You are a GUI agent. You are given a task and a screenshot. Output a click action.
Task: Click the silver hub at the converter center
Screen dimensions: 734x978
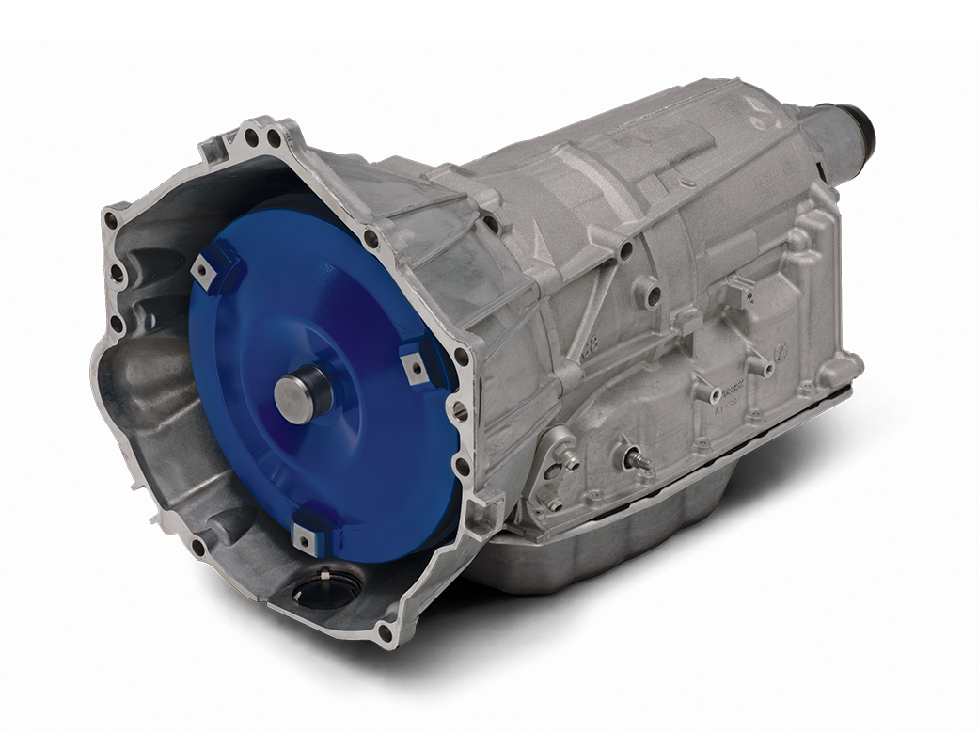click(x=303, y=394)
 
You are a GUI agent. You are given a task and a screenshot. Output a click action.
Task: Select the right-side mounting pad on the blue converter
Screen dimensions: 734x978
click(x=415, y=363)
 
